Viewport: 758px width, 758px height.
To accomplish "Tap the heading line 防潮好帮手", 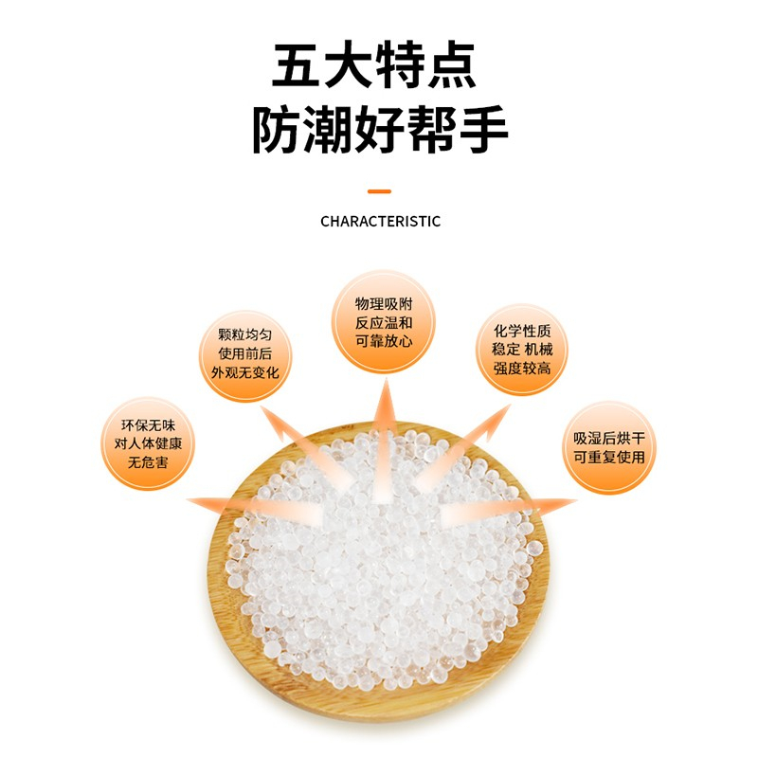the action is [x=380, y=131].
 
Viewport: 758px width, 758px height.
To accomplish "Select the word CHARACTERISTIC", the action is [x=380, y=221].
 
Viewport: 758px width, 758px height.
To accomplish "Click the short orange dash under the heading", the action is [x=379, y=190].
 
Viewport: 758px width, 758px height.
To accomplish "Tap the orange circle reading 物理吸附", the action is [x=384, y=321].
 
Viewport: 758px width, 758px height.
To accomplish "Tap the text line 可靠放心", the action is [x=384, y=340].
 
